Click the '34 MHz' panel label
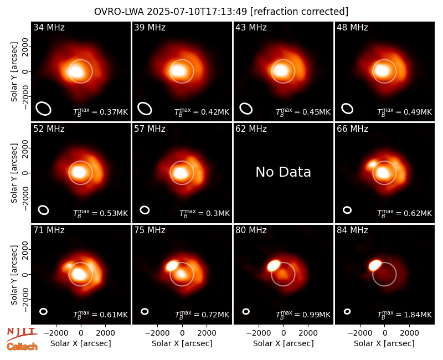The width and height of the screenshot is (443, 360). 49,27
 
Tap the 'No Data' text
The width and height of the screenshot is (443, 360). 283,172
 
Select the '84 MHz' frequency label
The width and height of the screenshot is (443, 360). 352,230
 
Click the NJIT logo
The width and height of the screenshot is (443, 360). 22,334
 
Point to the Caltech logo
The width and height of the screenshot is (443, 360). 22,347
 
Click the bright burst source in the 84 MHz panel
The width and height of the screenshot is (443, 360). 375,265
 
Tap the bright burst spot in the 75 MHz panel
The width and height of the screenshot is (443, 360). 172,266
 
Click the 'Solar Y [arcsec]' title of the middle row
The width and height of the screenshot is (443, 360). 14,173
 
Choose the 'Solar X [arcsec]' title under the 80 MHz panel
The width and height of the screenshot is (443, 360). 283,343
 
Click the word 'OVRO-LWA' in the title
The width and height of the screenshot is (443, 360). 119,12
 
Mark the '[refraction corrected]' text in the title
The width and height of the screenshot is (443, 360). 299,12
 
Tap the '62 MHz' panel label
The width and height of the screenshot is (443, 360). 251,129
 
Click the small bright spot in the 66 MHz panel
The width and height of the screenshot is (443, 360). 372,164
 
